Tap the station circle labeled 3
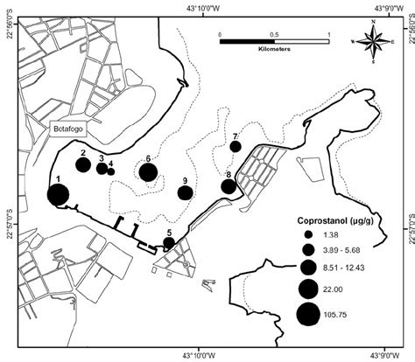point(102,168)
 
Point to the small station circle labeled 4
point(111,171)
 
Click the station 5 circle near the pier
point(169,242)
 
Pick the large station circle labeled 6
point(149,171)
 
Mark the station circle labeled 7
point(236,146)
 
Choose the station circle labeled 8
point(229,185)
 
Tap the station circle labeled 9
point(184,192)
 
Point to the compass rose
point(373,40)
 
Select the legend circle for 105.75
point(308,314)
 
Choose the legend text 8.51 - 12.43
point(362,268)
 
